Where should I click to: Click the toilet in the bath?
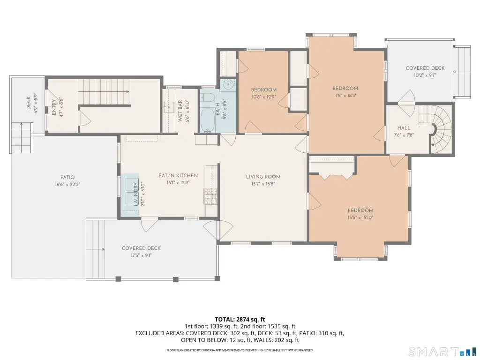coord(208,97)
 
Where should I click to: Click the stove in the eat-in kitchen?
coord(210,196)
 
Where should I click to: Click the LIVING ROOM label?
coord(263,177)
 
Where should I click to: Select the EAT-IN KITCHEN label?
coord(178,175)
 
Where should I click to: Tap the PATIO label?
coord(67,177)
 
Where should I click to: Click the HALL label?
coord(404,128)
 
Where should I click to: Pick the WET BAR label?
coord(180,111)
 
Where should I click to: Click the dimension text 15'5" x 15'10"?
coord(360,217)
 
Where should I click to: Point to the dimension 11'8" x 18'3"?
coord(345,96)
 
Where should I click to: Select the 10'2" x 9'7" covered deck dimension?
coord(425,75)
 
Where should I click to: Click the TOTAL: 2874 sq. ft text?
coord(240,320)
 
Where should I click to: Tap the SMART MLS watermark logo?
coord(442,351)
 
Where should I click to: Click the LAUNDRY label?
coord(135,194)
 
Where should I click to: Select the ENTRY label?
coord(54,107)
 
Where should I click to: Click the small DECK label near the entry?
coord(28,103)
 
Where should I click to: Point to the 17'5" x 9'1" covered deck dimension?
coord(141,255)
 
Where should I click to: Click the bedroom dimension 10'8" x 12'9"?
coord(263,97)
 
